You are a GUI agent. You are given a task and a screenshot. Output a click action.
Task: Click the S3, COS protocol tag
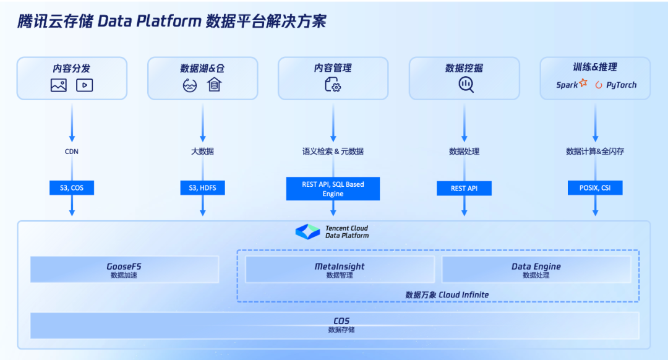pyautogui.click(x=72, y=187)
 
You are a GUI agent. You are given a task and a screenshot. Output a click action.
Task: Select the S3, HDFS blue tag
pyautogui.click(x=202, y=187)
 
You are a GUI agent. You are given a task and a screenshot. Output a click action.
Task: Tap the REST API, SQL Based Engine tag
pyautogui.click(x=333, y=189)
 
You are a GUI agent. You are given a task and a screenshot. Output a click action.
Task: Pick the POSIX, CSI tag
pyautogui.click(x=594, y=187)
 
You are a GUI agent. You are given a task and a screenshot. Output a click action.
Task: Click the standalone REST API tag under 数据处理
pyautogui.click(x=464, y=188)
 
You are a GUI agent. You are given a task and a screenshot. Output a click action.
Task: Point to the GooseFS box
pyautogui.click(x=124, y=270)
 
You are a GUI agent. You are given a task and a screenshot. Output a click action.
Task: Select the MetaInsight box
pyautogui.click(x=340, y=270)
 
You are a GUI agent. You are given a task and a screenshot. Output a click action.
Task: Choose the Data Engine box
pyautogui.click(x=536, y=270)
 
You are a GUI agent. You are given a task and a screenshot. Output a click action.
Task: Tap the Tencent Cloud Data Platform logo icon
pyautogui.click(x=307, y=232)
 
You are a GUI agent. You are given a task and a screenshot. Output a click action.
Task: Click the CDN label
pyautogui.click(x=72, y=152)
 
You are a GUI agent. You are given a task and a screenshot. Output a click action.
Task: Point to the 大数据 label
pyautogui.click(x=202, y=152)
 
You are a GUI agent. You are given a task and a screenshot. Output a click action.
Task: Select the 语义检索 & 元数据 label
pyautogui.click(x=333, y=152)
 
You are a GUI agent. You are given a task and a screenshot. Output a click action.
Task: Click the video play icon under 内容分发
pyautogui.click(x=85, y=85)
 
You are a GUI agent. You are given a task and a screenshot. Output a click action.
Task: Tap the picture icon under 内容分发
pyautogui.click(x=59, y=85)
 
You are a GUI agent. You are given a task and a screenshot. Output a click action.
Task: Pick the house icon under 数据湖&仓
pyautogui.click(x=215, y=85)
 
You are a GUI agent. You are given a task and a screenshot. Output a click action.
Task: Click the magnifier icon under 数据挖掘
pyautogui.click(x=466, y=85)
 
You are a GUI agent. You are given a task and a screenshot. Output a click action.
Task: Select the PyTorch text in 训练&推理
pyautogui.click(x=620, y=85)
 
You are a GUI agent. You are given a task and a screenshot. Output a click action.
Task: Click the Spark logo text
pyautogui.click(x=567, y=85)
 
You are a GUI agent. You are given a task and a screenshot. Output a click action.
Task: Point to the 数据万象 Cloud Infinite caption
pyautogui.click(x=447, y=294)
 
